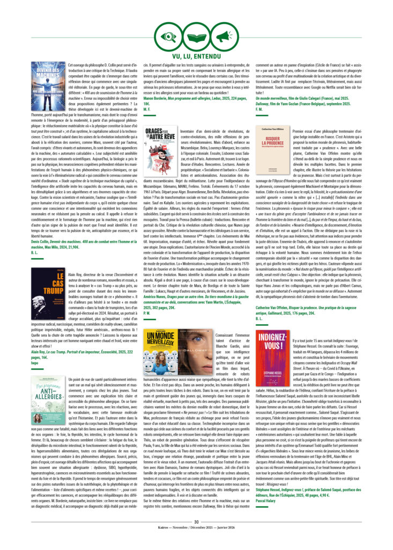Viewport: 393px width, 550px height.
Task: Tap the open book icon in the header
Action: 196,37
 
